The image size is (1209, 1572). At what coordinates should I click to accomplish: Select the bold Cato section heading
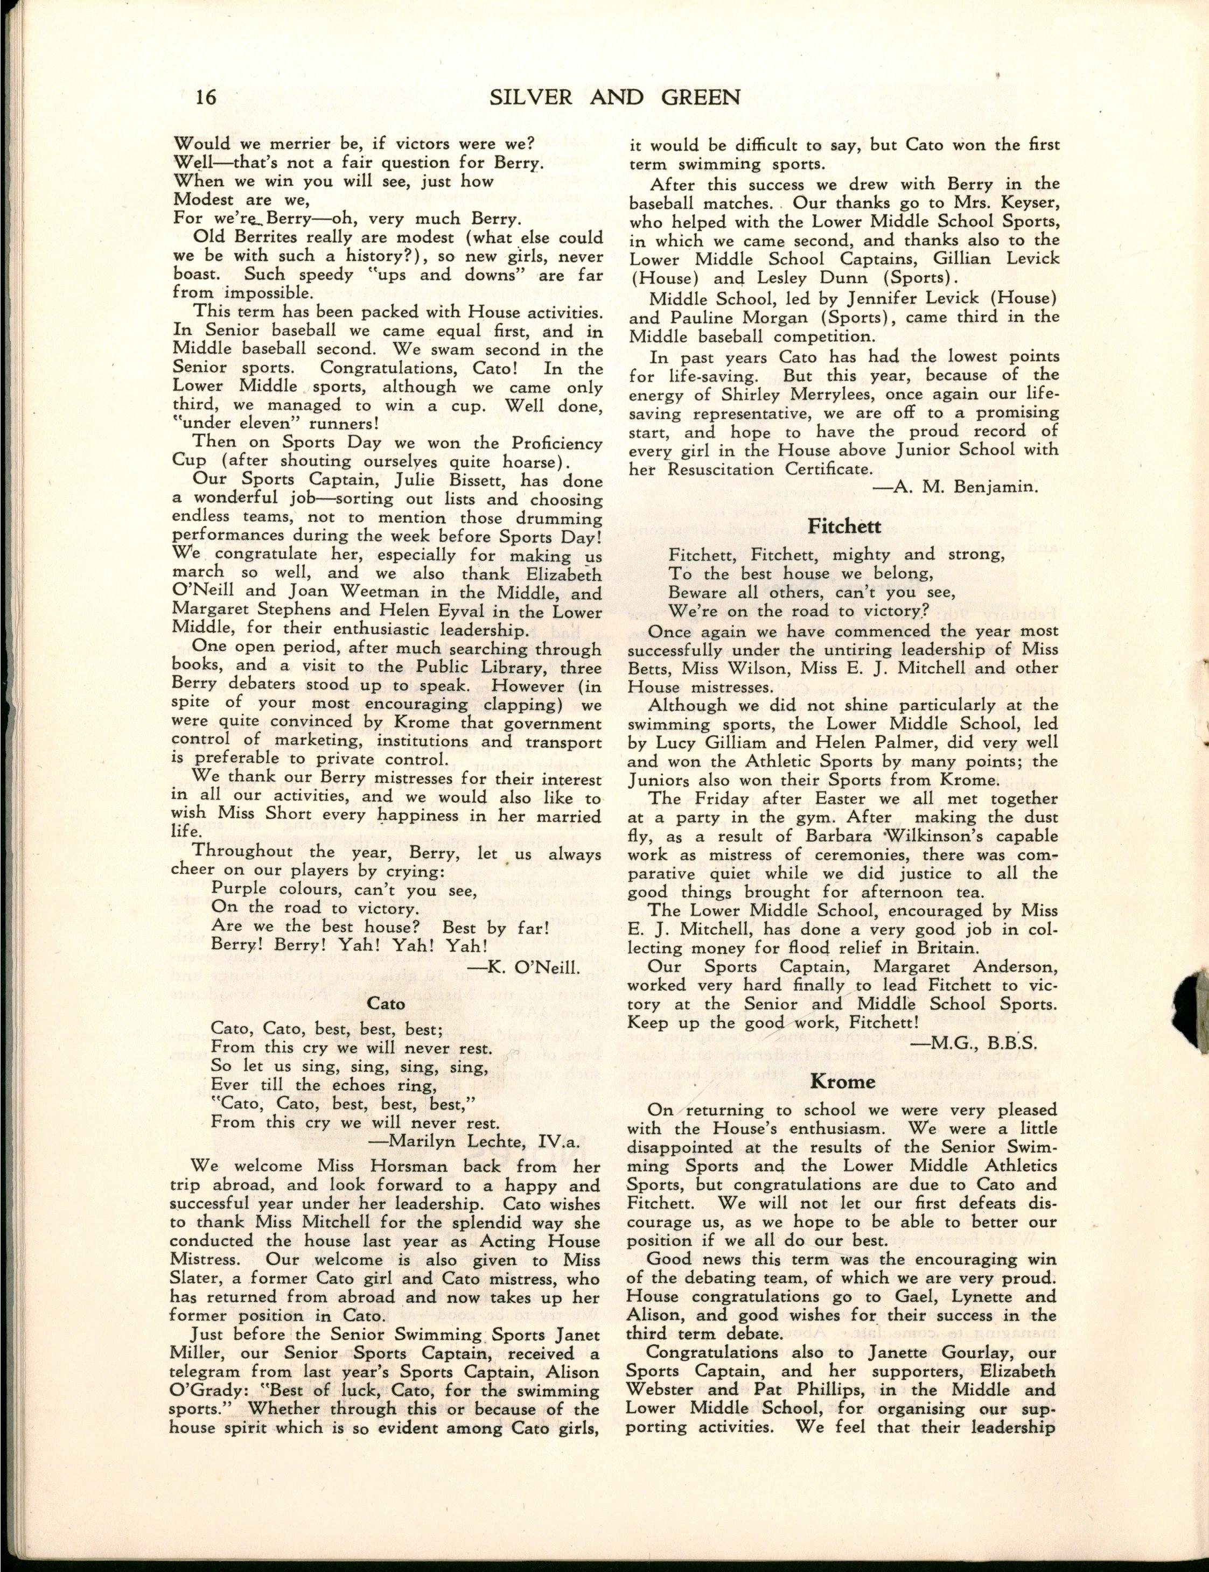click(x=387, y=1002)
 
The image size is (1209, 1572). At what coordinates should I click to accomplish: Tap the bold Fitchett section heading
click(x=844, y=526)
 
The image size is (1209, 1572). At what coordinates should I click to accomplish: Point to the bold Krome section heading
click(x=843, y=1082)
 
